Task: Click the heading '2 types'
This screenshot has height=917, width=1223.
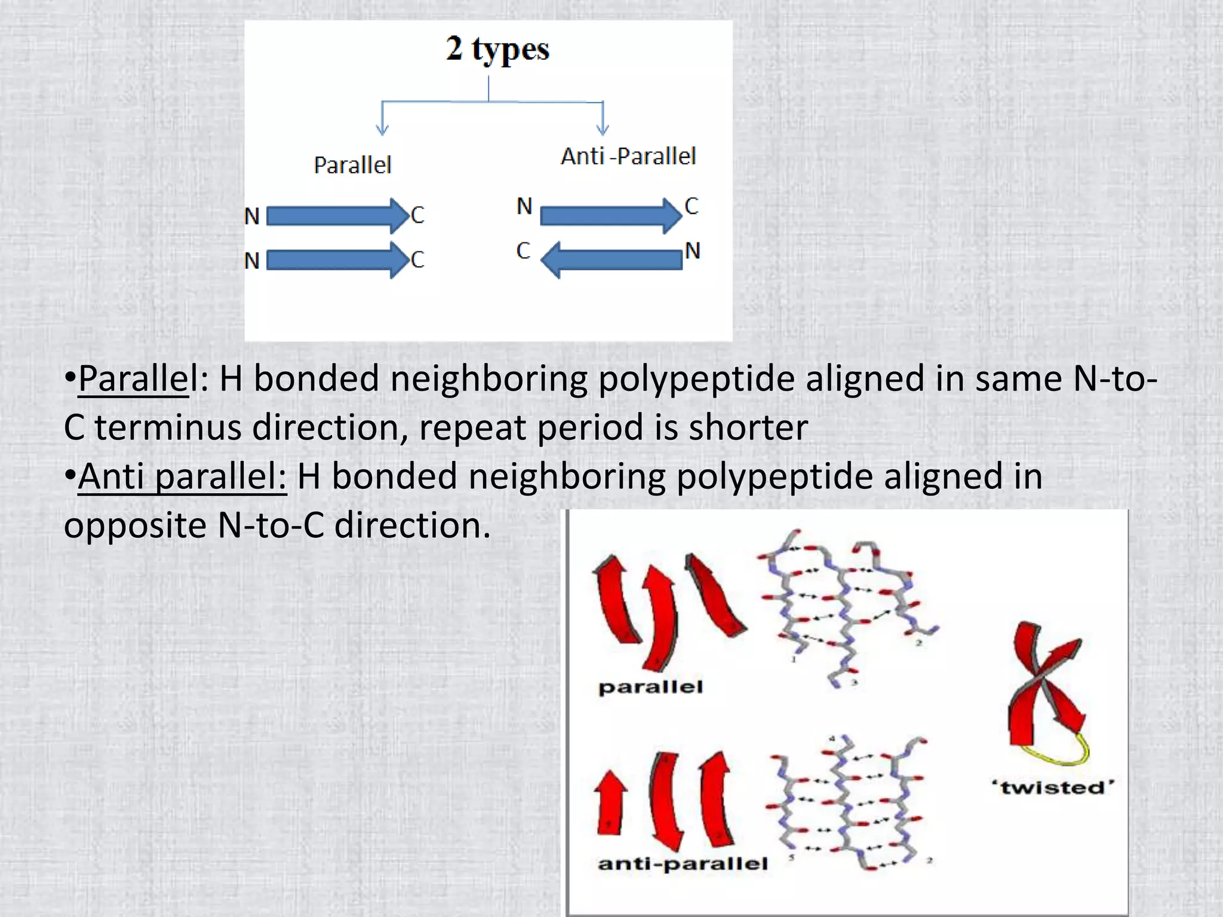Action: (x=497, y=49)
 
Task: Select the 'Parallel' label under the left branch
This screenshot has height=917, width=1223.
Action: (x=352, y=165)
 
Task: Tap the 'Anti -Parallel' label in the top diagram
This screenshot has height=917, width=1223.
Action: (x=628, y=156)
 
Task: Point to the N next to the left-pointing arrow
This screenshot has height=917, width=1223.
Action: (x=693, y=251)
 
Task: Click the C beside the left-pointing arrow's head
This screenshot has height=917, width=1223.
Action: (x=523, y=251)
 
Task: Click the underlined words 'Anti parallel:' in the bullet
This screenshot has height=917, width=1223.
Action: (x=182, y=476)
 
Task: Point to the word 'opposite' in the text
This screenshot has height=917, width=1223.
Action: (x=135, y=525)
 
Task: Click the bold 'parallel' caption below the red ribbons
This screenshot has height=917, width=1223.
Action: (x=650, y=687)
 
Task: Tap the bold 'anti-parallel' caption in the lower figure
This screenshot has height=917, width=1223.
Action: (x=683, y=863)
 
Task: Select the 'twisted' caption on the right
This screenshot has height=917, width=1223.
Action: (x=1053, y=787)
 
